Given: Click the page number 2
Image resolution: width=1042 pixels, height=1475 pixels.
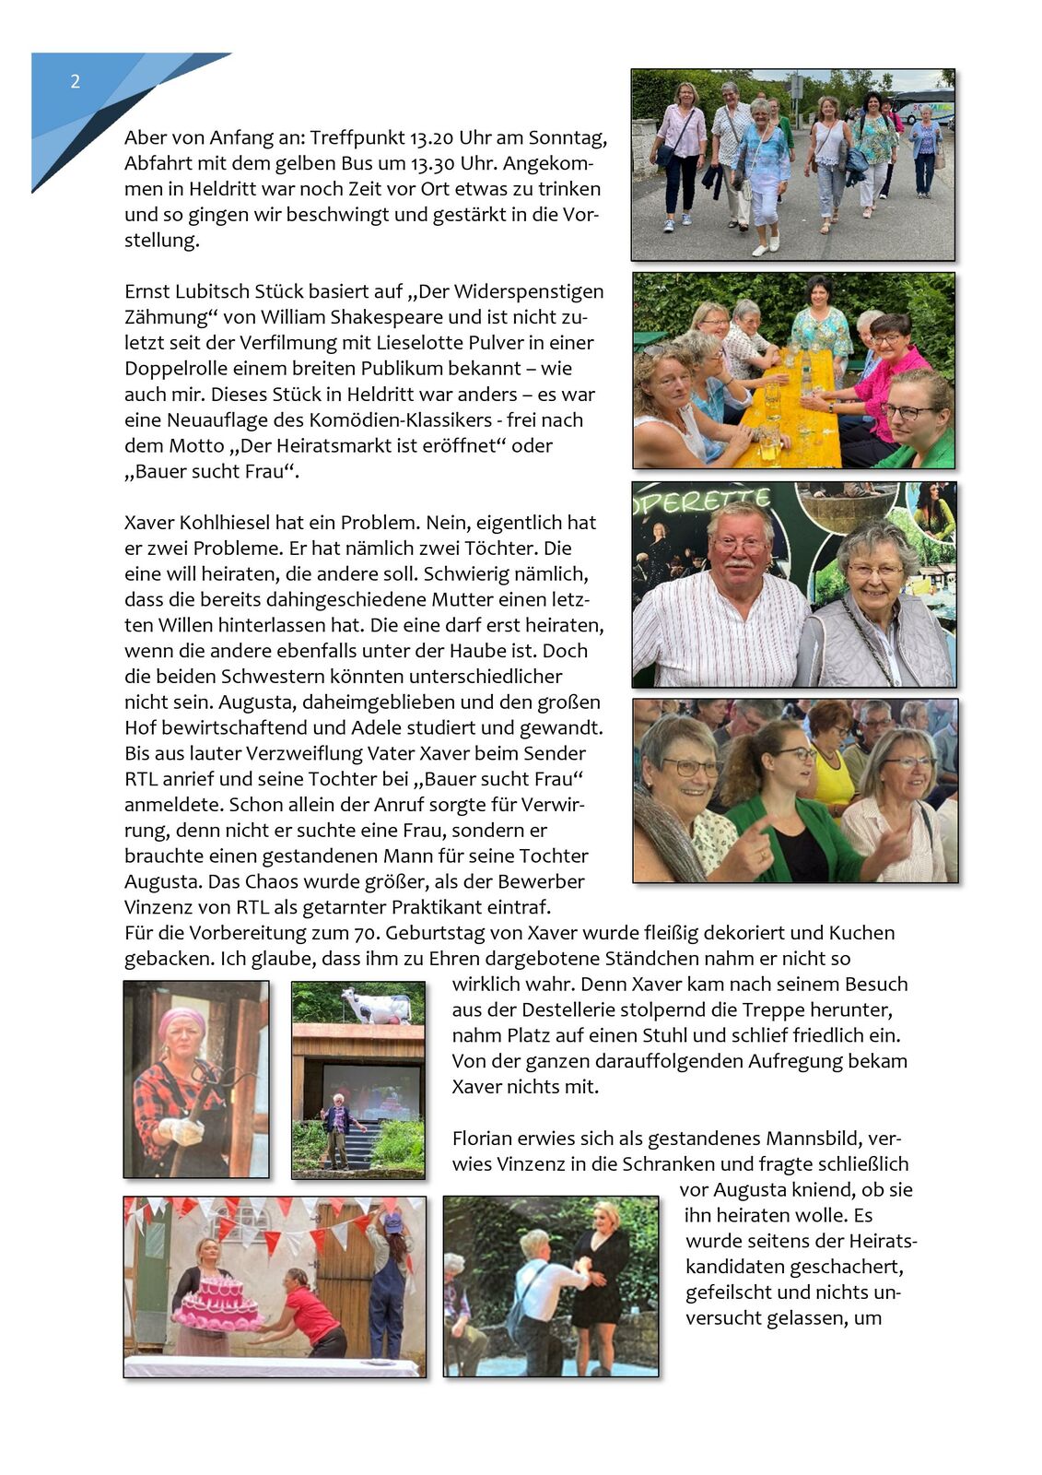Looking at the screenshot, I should tap(76, 82).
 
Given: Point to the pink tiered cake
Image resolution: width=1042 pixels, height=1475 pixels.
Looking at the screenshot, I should tap(219, 1302).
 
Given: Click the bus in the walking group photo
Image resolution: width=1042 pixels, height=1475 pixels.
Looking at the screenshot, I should tap(922, 105).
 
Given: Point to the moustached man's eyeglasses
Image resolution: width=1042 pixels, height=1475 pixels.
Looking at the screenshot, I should tap(740, 545).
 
